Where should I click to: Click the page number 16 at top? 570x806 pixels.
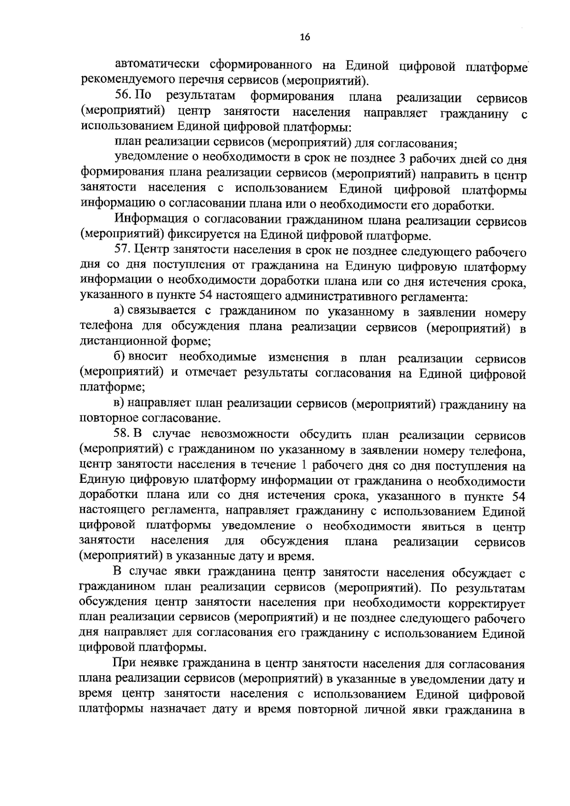[305, 38]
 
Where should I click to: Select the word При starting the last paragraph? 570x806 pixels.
[124, 664]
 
